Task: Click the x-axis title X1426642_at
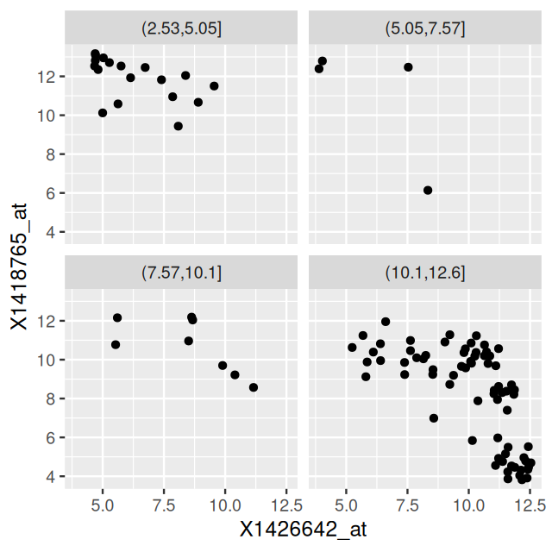click(304, 528)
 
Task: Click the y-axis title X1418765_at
click(18, 265)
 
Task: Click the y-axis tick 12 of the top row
click(48, 77)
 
